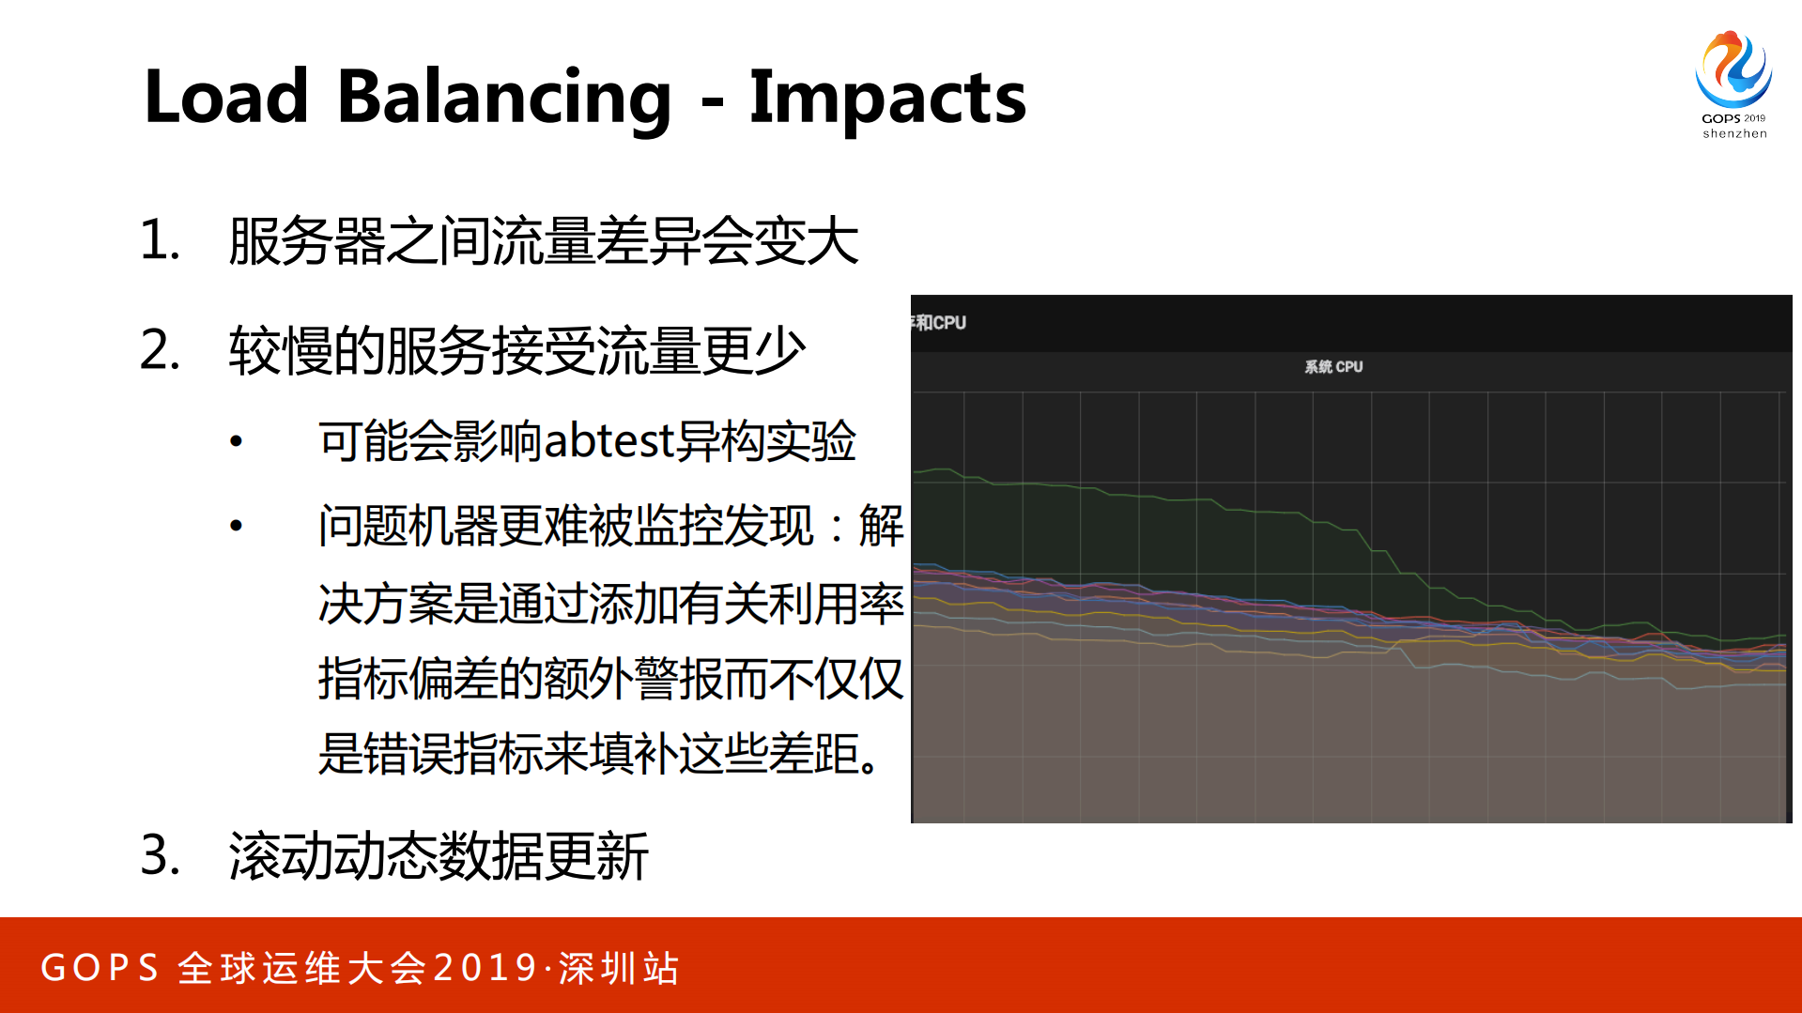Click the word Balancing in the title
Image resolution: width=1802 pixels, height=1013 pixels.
[503, 99]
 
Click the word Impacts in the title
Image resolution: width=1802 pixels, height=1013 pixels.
[887, 99]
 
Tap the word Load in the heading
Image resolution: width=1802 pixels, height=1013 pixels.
[226, 97]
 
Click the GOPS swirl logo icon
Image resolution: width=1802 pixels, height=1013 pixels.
[1733, 69]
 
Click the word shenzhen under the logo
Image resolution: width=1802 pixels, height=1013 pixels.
[1734, 133]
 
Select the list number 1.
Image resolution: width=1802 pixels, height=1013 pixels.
[159, 240]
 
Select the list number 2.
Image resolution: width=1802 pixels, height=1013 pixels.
[160, 350]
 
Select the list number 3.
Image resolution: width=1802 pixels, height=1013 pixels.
[160, 855]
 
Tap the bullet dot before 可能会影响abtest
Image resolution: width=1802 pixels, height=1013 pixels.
[237, 441]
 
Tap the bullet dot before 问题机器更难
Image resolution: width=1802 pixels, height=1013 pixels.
[237, 526]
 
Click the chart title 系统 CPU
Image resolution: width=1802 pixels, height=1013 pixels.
[1332, 367]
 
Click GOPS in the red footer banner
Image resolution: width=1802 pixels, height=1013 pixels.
[100, 968]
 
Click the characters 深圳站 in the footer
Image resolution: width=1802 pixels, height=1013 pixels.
[619, 968]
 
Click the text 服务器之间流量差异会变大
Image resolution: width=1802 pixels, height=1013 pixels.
[543, 241]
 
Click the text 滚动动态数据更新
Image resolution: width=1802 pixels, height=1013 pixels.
[439, 856]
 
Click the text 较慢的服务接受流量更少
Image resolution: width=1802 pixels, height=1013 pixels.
[517, 351]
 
